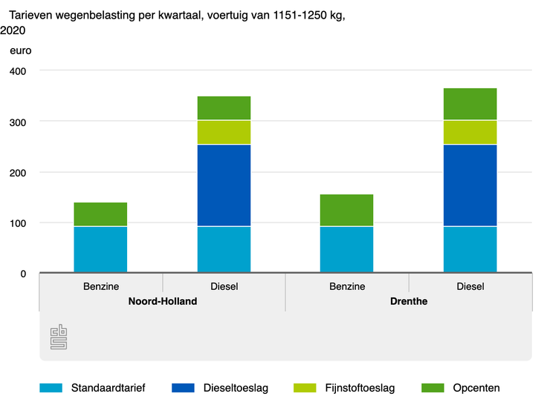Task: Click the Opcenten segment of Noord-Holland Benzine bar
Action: [100, 214]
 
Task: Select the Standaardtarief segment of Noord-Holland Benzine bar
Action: [100, 249]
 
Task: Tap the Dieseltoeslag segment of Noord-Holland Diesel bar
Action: [224, 185]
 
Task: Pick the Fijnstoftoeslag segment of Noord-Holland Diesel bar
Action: [224, 132]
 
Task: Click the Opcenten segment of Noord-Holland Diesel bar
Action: [224, 108]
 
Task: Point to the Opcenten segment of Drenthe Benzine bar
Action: [346, 210]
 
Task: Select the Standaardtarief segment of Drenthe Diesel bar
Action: [470, 249]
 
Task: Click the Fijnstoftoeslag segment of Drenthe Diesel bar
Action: [470, 132]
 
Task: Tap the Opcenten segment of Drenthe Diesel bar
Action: [470, 104]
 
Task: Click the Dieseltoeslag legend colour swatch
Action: [183, 387]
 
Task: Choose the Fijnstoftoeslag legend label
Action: [360, 387]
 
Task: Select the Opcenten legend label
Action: [476, 387]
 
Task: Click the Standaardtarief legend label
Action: [108, 387]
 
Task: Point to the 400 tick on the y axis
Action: [17, 71]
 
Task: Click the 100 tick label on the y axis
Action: [17, 223]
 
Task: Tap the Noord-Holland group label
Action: [162, 302]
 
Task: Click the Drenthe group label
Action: [408, 302]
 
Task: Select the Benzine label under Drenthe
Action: [346, 286]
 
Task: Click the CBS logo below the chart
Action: [59, 337]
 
